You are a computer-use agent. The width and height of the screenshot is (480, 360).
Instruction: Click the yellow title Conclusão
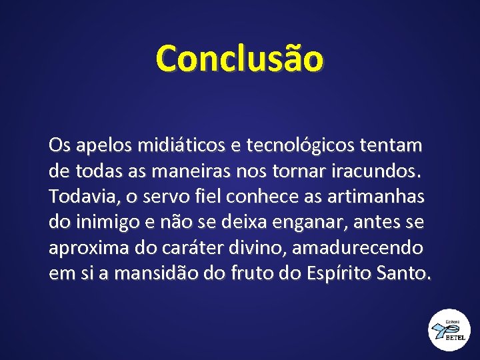click(x=239, y=58)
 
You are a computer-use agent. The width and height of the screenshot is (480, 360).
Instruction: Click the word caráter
click(x=189, y=248)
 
